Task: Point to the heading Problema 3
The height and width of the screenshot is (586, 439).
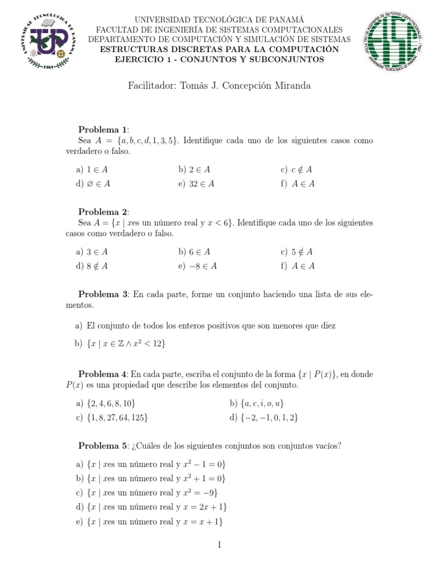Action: coord(103,294)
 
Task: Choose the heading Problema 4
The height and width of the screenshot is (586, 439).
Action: coord(103,374)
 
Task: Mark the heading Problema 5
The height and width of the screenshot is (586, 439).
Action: coord(103,446)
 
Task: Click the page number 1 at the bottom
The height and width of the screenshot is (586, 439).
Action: coord(219,545)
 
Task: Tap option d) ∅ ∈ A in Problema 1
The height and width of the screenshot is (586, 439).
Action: coord(93,184)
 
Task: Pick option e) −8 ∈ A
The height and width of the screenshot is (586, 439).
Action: coord(197,266)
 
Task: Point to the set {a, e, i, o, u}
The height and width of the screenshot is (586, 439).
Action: coord(261,403)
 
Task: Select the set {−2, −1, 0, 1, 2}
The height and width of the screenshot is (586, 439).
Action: coord(268,417)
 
